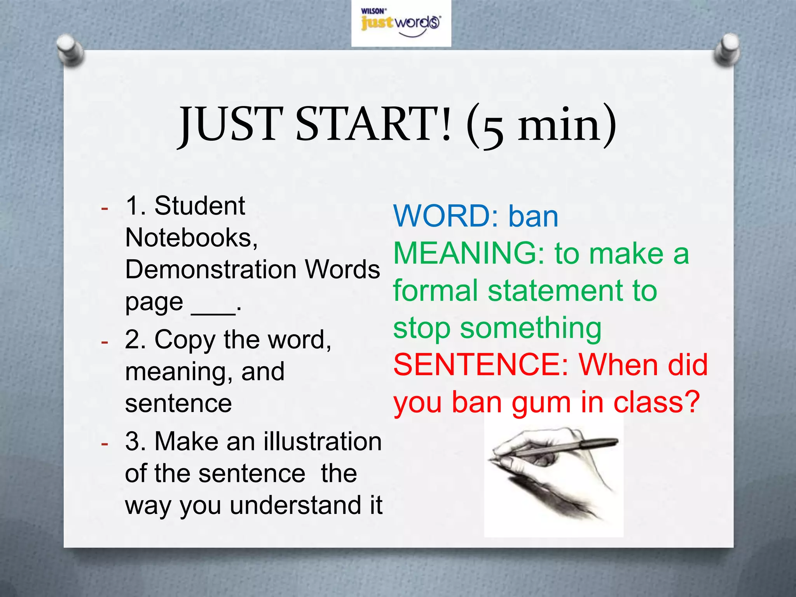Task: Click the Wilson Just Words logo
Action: (x=401, y=23)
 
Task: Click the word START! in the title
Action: (x=374, y=124)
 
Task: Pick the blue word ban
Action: (x=533, y=216)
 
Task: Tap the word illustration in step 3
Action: (x=323, y=442)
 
